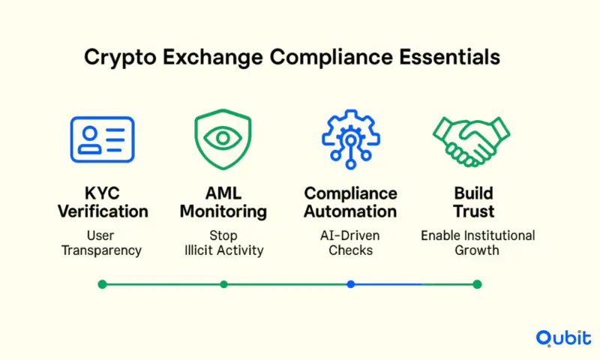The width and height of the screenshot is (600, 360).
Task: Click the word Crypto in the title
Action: coord(120,58)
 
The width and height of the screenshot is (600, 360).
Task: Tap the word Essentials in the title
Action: coord(449,57)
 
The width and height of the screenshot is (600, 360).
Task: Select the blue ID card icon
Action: coord(102,139)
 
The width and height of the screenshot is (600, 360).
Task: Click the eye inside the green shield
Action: coord(223,138)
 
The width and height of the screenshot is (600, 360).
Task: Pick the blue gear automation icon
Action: coord(351,139)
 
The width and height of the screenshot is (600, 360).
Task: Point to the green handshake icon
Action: coord(472,142)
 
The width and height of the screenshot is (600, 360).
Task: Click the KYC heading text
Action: coord(102,193)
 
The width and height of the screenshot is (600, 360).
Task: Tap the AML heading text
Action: coord(223,193)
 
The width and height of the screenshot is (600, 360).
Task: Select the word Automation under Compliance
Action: coord(350,211)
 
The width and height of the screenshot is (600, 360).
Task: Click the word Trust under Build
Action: coord(474,211)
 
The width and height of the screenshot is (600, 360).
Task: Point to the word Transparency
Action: coord(101,250)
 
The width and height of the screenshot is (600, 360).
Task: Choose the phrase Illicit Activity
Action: coord(223,250)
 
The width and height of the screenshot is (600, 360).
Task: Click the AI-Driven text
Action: coord(350,235)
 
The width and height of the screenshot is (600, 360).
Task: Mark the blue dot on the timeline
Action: coord(350,284)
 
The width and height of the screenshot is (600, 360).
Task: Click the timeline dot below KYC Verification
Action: coord(102,284)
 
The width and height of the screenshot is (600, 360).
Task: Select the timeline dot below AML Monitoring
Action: coord(223,284)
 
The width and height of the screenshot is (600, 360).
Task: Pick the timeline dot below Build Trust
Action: coord(477,284)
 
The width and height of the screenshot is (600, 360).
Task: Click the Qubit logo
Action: coord(564,337)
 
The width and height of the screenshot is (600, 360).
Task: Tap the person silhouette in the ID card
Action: coord(90,140)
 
